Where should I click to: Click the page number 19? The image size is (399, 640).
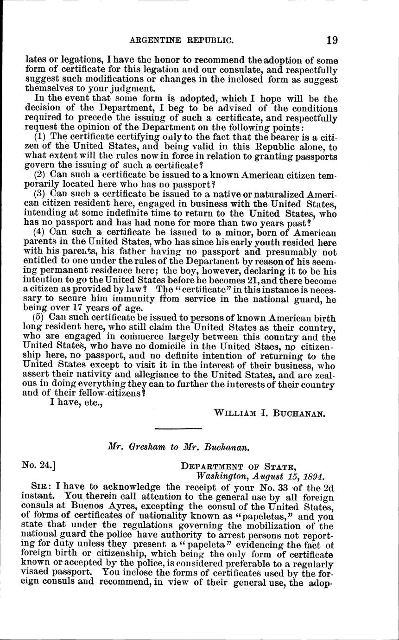[332, 40]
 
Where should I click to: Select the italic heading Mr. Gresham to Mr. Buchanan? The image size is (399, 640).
[179, 448]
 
